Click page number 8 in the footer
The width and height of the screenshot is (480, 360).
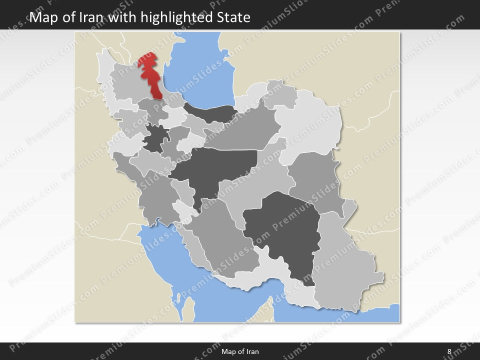tap(449, 351)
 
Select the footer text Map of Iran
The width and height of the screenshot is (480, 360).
tap(240, 351)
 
